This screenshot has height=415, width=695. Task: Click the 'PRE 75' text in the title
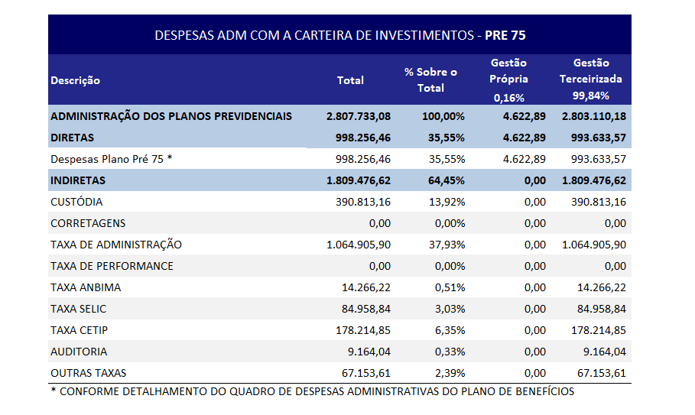point(505,35)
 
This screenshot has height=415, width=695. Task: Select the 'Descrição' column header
point(75,80)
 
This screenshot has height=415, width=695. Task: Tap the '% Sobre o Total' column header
point(430,79)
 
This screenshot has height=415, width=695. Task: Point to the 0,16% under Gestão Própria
point(509,97)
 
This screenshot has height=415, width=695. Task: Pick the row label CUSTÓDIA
point(76,202)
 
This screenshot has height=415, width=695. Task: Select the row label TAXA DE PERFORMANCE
point(112,266)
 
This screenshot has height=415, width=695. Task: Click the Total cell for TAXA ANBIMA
point(366,287)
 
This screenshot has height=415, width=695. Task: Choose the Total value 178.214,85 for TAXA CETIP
point(362,330)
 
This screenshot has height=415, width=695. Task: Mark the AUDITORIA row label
point(79,352)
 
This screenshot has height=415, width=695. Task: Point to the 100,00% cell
point(443,116)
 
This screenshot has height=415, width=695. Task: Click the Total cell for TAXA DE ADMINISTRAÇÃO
point(358,245)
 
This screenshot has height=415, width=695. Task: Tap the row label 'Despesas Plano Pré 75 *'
point(112,159)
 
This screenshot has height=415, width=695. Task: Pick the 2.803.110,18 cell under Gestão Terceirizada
point(593,116)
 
